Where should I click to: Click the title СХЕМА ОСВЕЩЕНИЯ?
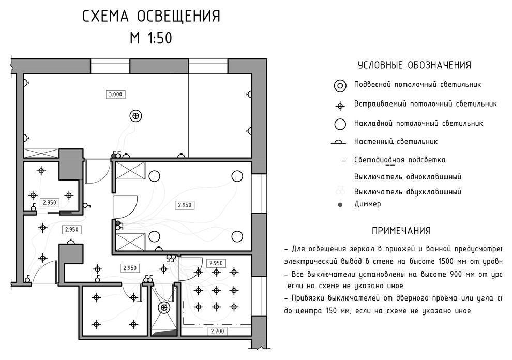[152, 17]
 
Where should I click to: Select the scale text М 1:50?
[151, 39]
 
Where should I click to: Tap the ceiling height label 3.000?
[115, 94]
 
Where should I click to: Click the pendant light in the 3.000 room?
[135, 116]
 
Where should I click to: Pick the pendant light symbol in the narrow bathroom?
[164, 308]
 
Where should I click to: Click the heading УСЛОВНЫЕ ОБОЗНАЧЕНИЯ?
[414, 65]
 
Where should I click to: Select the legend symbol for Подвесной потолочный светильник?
[340, 85]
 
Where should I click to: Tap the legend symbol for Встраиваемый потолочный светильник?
[340, 106]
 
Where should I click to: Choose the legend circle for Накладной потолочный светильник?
[340, 124]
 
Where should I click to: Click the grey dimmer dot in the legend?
[340, 205]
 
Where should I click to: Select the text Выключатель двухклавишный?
[408, 192]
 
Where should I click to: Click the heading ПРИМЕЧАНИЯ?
[401, 231]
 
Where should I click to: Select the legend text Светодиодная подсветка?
[400, 160]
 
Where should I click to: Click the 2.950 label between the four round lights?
[185, 205]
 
